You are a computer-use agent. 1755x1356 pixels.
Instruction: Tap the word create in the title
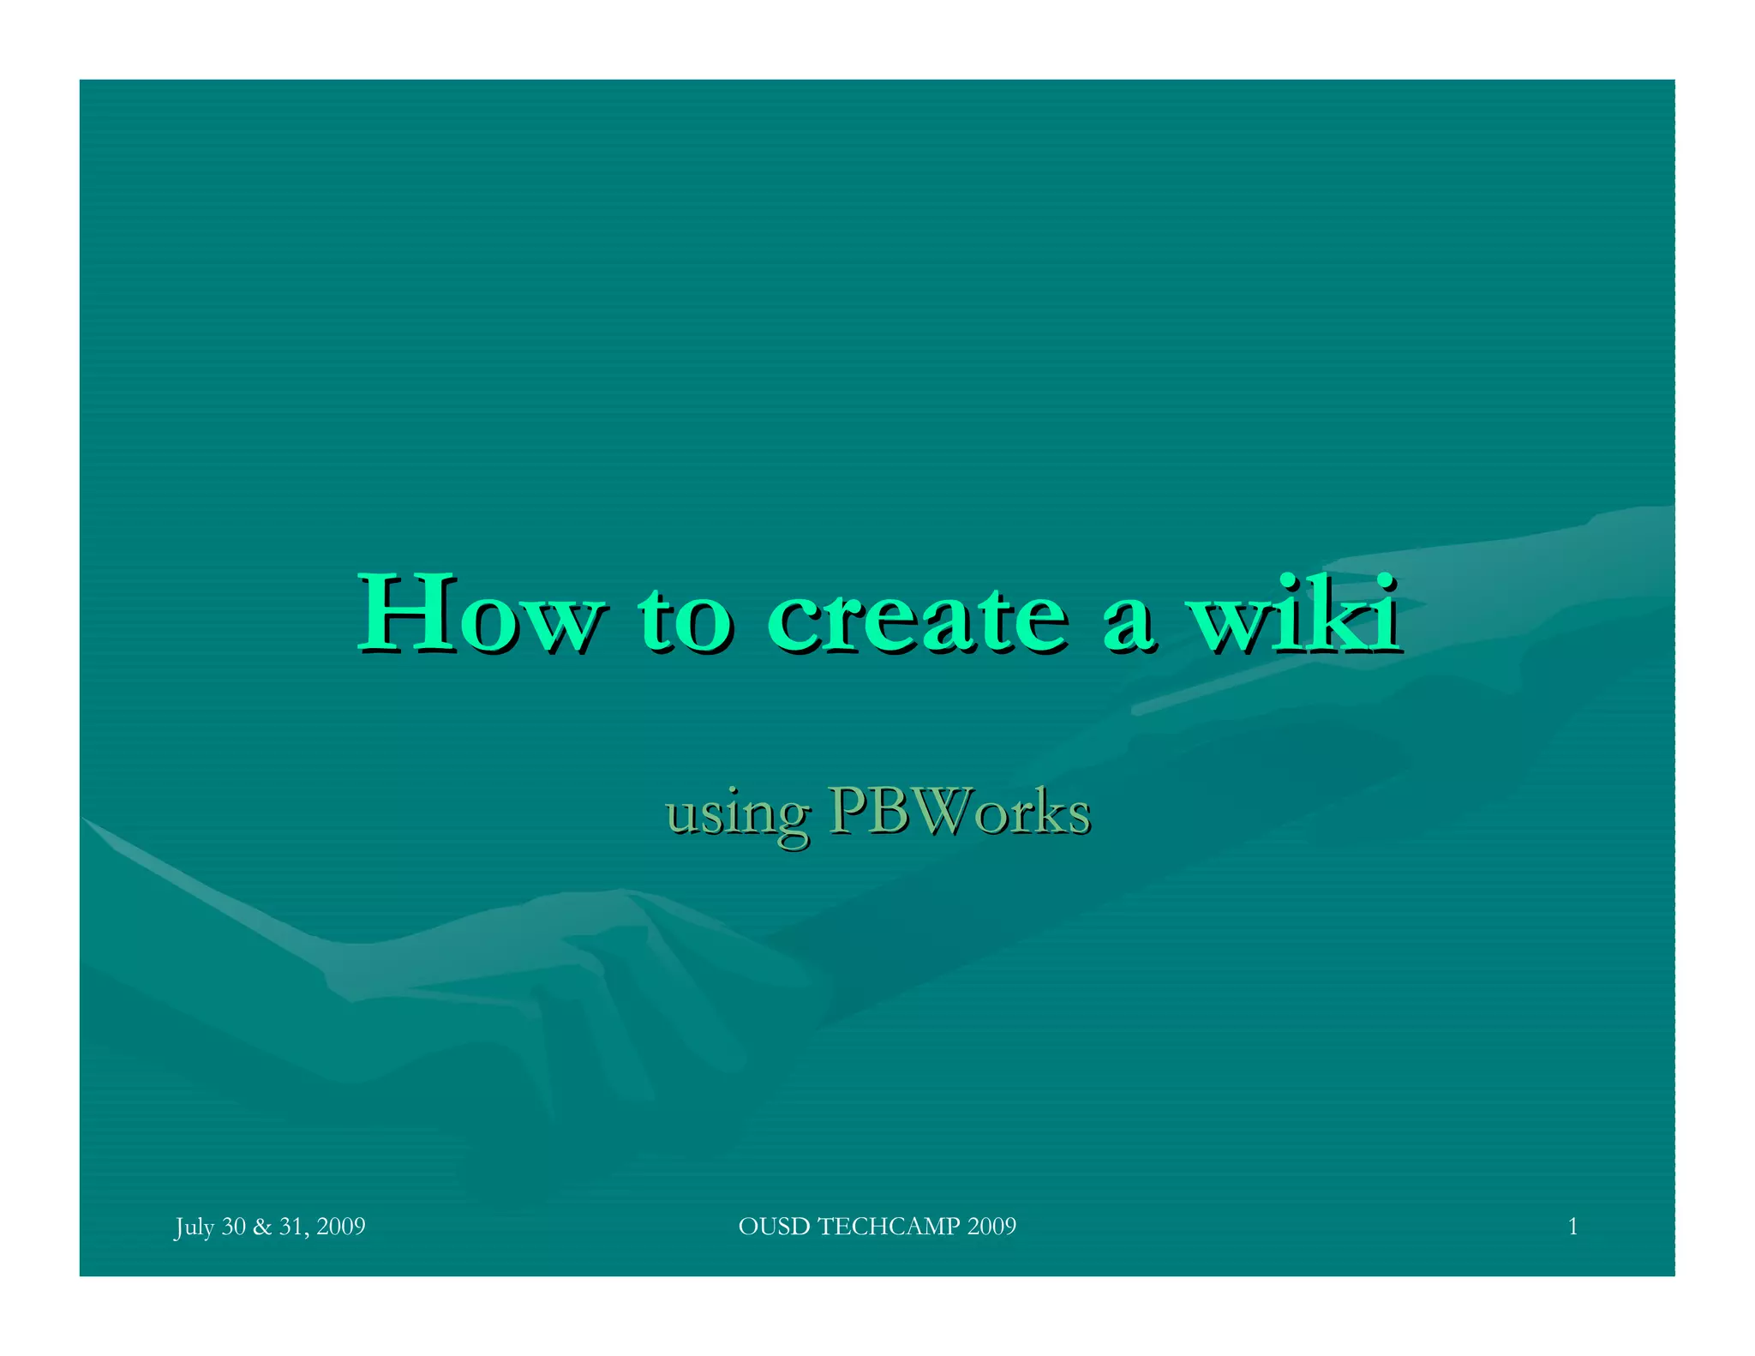[916, 615]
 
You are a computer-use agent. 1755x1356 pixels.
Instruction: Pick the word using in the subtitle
[737, 815]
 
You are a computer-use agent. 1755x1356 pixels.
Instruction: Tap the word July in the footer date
[195, 1227]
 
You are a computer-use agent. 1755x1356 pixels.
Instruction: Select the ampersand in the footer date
[262, 1227]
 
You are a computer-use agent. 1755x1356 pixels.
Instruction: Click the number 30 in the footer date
[234, 1227]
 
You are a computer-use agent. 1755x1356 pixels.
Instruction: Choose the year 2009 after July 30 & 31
[341, 1227]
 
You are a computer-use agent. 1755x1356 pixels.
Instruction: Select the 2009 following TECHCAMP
[991, 1227]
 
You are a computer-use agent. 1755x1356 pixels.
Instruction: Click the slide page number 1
[1572, 1227]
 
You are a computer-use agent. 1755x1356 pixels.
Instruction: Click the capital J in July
[179, 1227]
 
